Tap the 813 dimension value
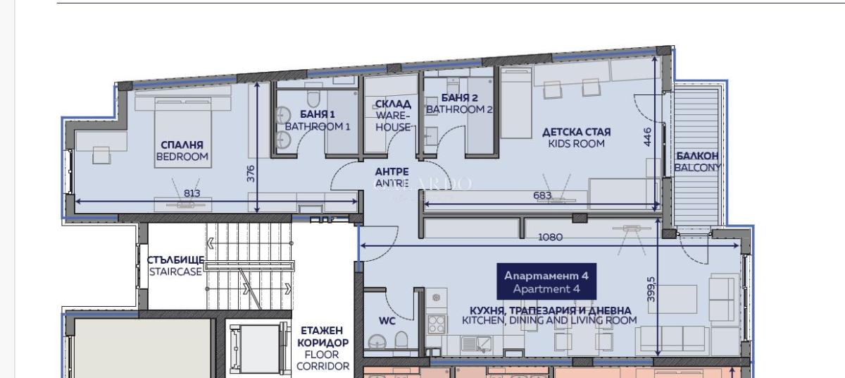click(192, 193)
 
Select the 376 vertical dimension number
click(251, 173)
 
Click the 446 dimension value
click(647, 137)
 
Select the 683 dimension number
click(542, 195)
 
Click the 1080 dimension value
click(551, 237)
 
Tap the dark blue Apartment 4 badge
click(546, 281)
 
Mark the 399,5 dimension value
click(651, 290)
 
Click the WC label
click(387, 321)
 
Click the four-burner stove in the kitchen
click(437, 324)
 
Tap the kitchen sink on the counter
click(476, 344)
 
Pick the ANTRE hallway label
click(392, 178)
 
